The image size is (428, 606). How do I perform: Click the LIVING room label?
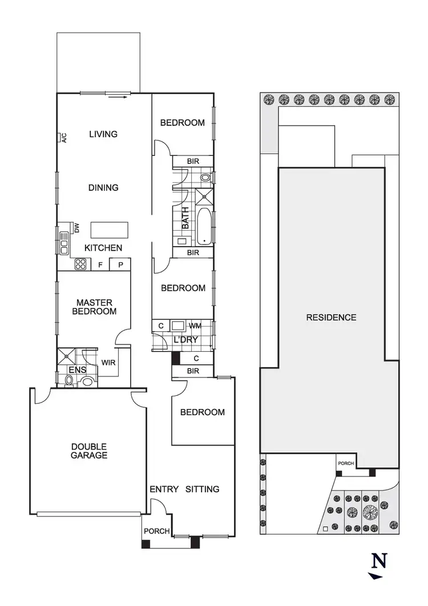103,134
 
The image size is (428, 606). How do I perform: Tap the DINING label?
103,187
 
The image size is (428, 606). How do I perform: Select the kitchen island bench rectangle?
109,230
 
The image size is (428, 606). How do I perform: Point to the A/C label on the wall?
64,138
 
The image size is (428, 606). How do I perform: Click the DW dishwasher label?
76,228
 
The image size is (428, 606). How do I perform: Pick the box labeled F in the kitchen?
100,265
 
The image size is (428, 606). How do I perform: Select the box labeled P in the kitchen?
121,265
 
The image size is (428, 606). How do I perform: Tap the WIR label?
108,362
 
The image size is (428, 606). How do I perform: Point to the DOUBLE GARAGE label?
89,451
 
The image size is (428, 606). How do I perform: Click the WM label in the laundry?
195,326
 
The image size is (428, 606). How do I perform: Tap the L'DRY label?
185,340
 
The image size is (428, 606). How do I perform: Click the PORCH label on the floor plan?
156,531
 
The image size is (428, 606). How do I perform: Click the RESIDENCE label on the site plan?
331,318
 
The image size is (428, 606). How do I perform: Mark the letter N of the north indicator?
379,561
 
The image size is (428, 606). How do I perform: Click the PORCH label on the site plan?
346,463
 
